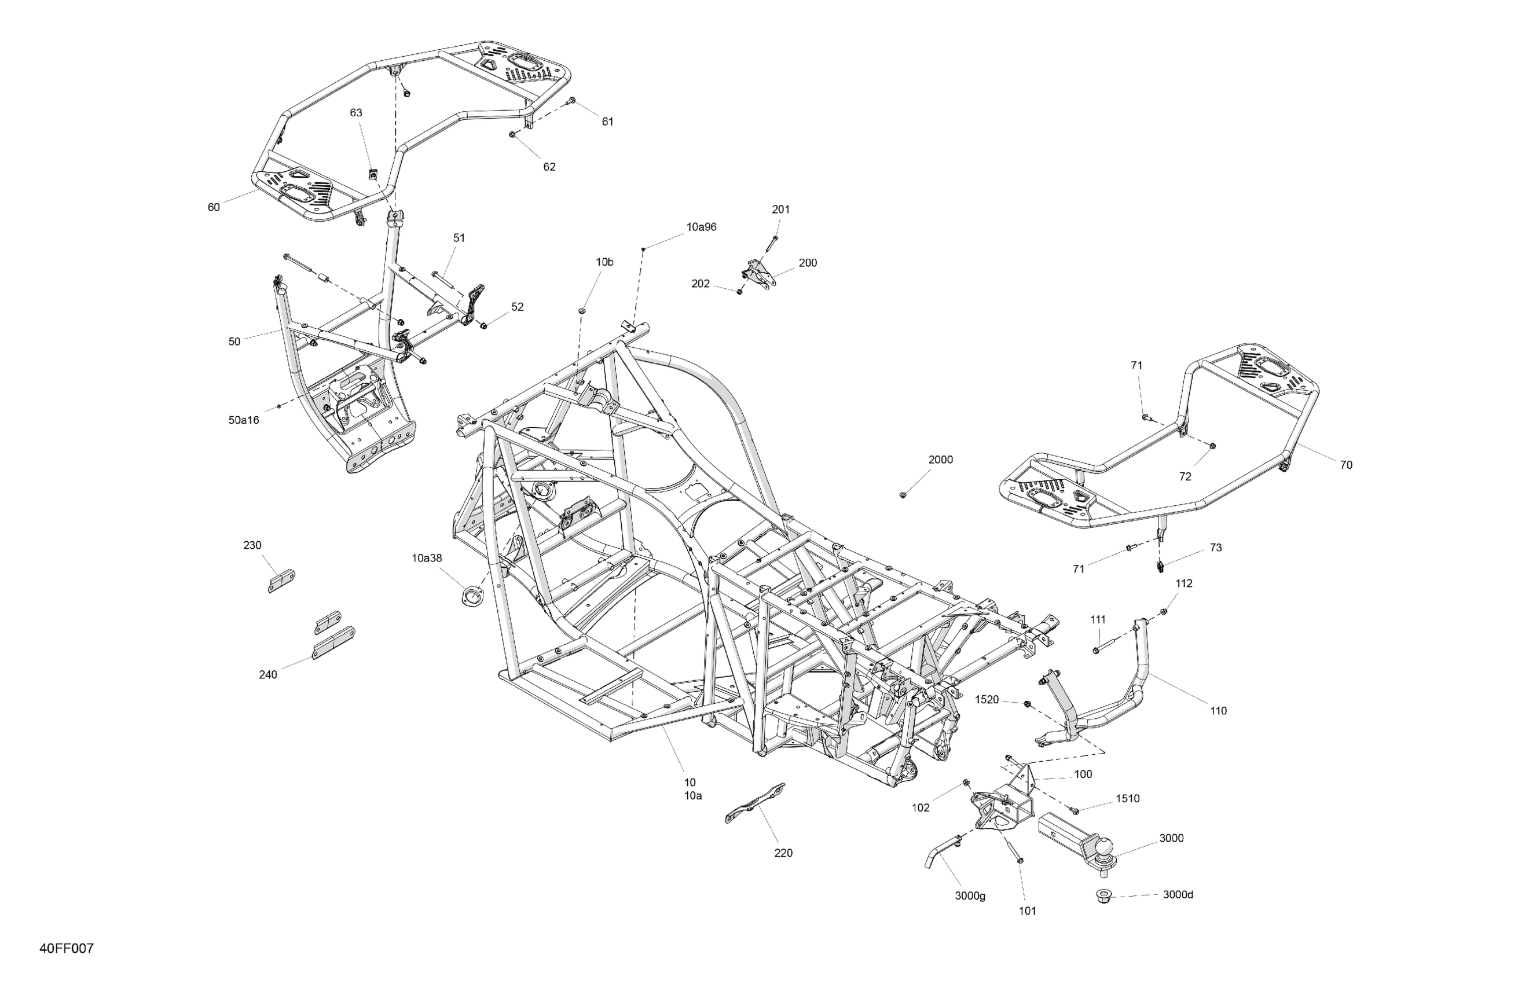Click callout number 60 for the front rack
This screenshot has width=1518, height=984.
tap(214, 207)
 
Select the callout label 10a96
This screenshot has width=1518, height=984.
tap(701, 227)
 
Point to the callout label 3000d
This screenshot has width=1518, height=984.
tap(1178, 895)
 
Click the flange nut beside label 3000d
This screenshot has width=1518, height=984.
tap(1104, 897)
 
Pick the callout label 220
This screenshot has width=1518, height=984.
tap(783, 853)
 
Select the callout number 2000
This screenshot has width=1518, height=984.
tap(940, 460)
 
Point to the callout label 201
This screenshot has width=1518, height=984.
tap(780, 209)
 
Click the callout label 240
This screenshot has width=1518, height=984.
tap(268, 675)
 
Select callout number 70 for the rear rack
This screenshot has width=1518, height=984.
tap(1346, 465)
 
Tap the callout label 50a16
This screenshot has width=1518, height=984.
tap(244, 420)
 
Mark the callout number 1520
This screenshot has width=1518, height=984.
tap(987, 700)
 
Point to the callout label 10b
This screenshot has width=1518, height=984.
tap(604, 262)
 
